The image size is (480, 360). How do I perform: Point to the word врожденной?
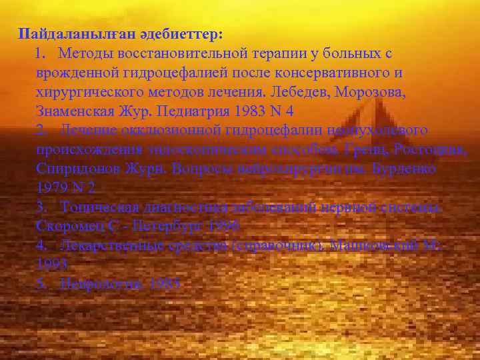click(x=76, y=71)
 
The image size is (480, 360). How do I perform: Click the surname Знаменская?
click(x=75, y=110)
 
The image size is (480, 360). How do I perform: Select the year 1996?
click(x=223, y=226)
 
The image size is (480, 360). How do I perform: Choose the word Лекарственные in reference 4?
click(x=105, y=245)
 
